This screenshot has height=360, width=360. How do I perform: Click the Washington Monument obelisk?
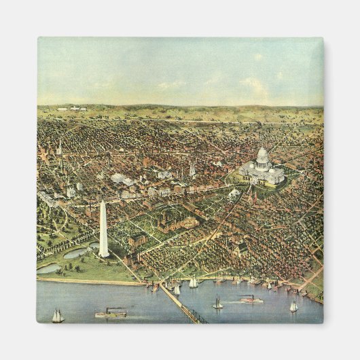click(103, 231)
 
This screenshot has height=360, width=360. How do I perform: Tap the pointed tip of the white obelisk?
click(103, 202)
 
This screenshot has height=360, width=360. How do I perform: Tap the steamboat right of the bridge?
click(251, 299)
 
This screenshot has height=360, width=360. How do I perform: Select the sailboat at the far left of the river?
click(58, 316)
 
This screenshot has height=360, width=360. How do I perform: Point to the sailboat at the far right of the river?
click(293, 306)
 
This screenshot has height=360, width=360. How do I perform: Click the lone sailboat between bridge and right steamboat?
click(217, 303)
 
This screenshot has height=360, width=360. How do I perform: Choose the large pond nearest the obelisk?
click(76, 253)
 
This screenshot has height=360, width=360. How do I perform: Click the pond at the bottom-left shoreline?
click(49, 268)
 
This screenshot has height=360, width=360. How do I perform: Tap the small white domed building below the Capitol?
click(234, 194)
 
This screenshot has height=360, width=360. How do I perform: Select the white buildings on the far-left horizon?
click(71, 108)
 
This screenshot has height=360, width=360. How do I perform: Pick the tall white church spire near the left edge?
click(59, 147)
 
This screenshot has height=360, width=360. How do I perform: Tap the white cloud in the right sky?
click(253, 84)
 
